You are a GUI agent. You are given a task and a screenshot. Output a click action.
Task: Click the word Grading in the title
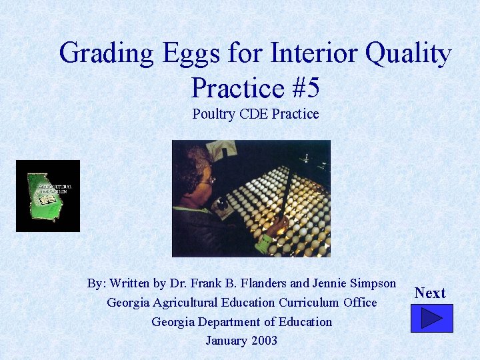point(103,53)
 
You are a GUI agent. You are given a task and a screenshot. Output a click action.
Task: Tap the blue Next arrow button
point(431,318)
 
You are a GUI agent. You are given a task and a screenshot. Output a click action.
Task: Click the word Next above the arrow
point(430,293)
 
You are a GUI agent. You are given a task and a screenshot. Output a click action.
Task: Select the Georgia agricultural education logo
point(48,196)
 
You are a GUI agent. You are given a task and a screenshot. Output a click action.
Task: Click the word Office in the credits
point(361,303)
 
